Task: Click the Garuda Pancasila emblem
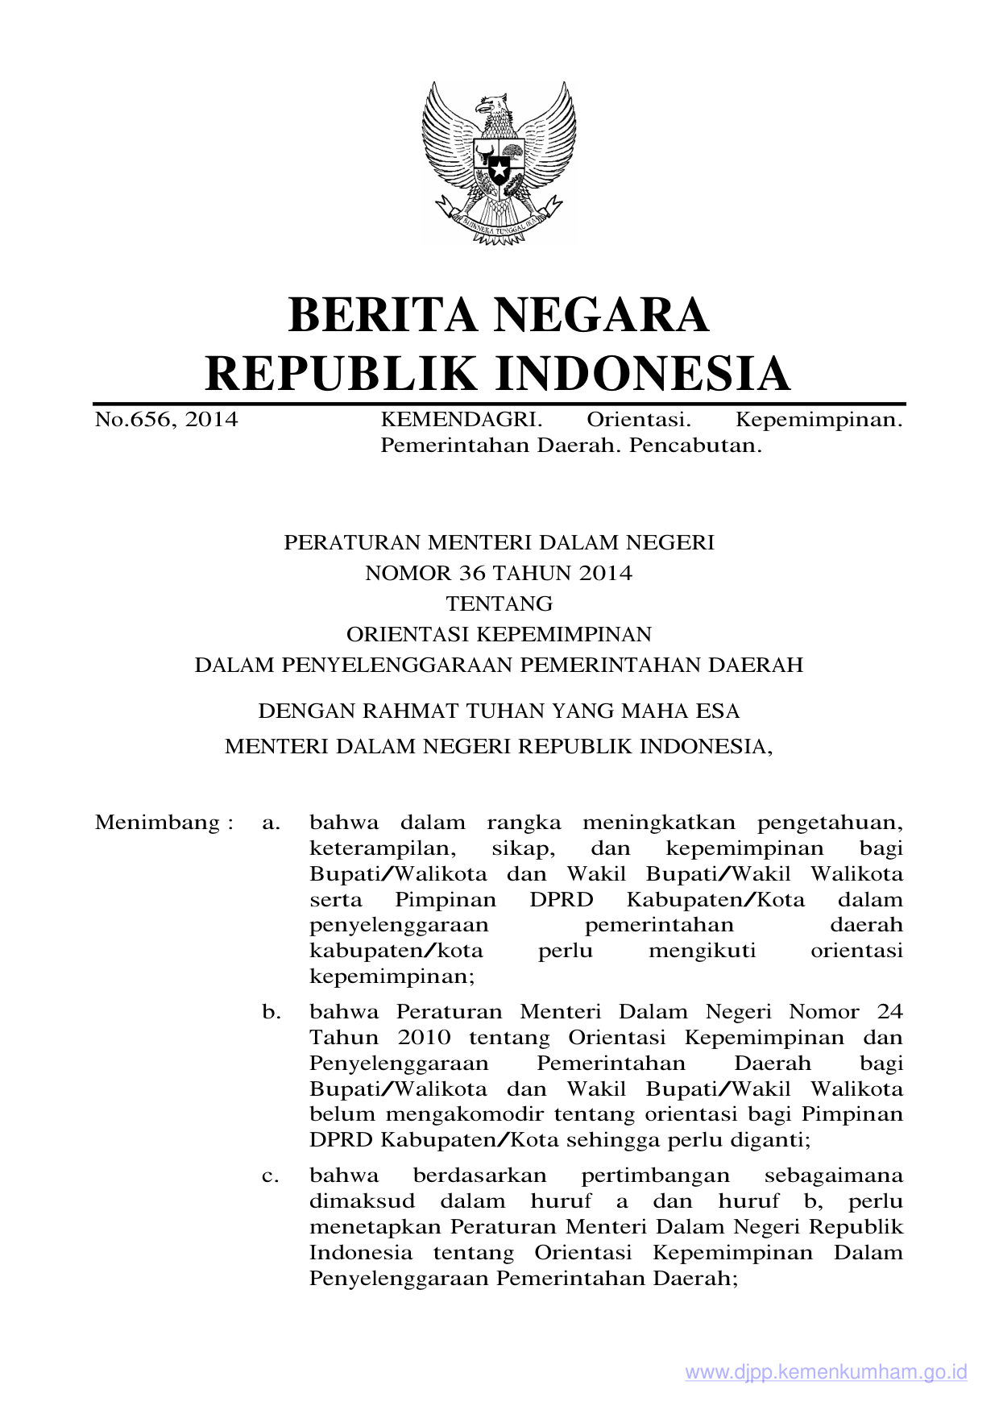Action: click(499, 161)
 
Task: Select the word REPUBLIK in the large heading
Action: click(342, 373)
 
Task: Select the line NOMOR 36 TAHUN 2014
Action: click(499, 573)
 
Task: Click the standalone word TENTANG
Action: click(499, 603)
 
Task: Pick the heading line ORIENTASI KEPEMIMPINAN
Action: click(499, 634)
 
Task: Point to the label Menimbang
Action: click(158, 823)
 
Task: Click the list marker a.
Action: click(271, 823)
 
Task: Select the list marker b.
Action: click(271, 1011)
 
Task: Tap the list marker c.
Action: click(271, 1176)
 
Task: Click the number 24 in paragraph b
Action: click(889, 1011)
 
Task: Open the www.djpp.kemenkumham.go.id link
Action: click(826, 1373)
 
